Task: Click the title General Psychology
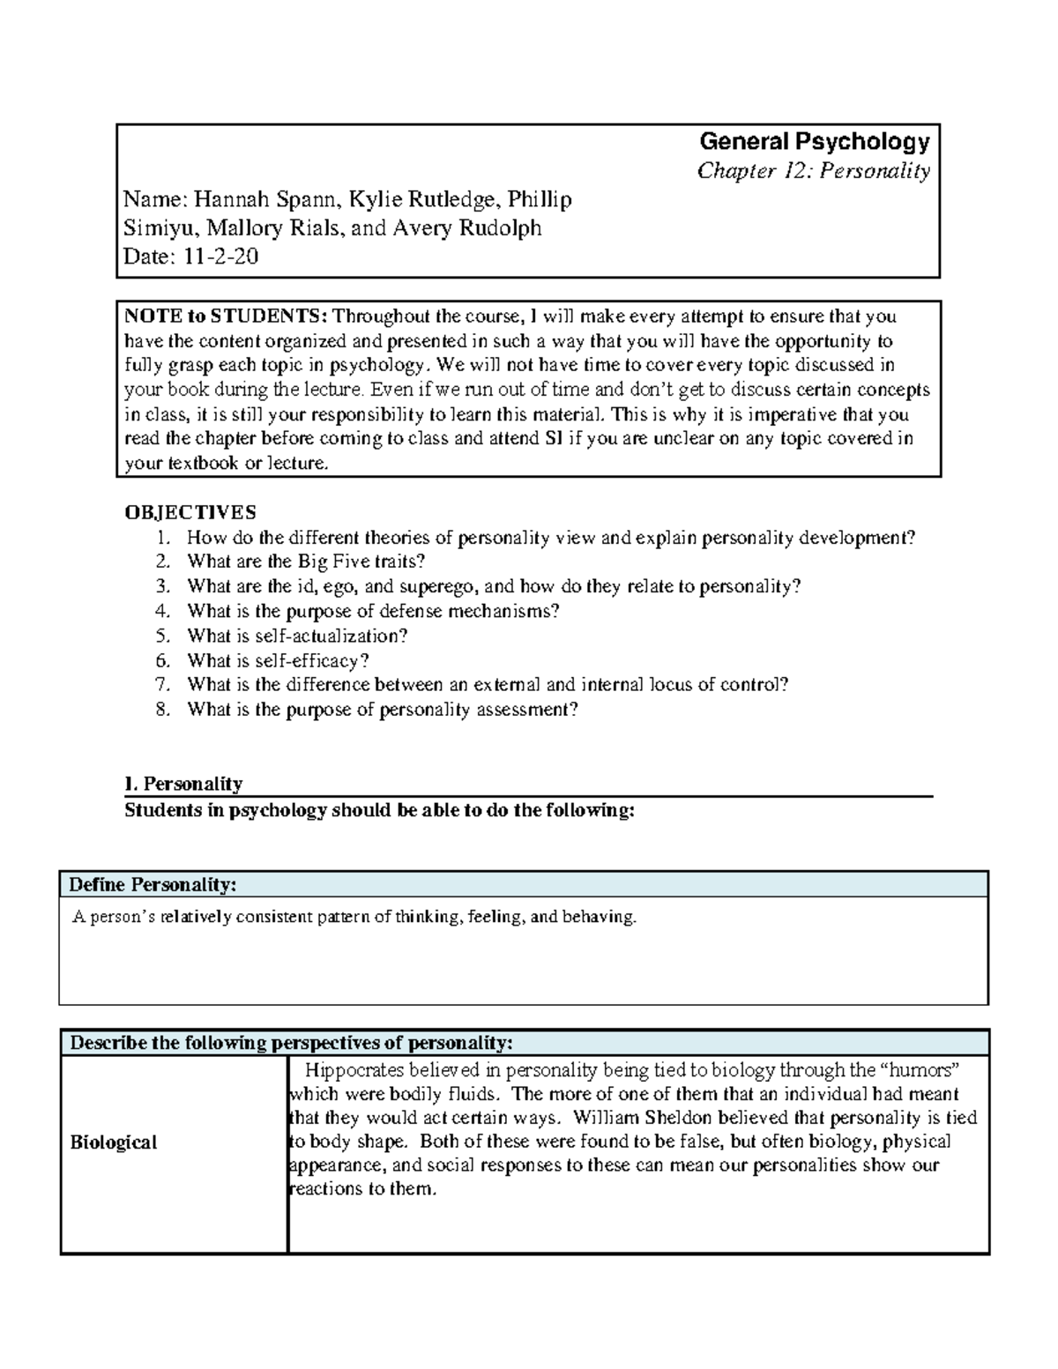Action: click(x=814, y=141)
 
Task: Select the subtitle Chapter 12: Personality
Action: click(x=813, y=170)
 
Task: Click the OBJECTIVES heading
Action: click(x=190, y=512)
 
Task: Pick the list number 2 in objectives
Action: click(x=161, y=562)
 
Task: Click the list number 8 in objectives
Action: click(x=161, y=710)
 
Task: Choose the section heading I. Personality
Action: click(x=183, y=784)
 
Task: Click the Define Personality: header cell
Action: click(x=153, y=884)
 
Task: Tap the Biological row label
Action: click(x=114, y=1142)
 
